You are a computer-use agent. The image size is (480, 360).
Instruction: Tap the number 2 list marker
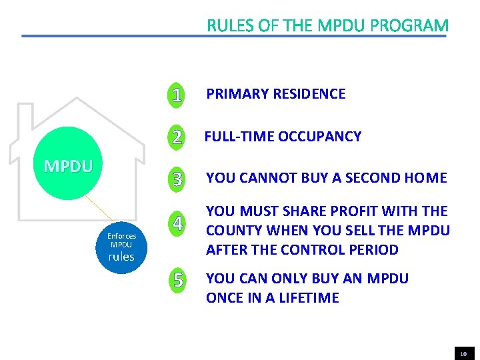coord(176,137)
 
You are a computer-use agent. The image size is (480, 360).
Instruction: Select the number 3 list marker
coord(177,179)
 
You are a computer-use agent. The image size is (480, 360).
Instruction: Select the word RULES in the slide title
coord(231,26)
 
